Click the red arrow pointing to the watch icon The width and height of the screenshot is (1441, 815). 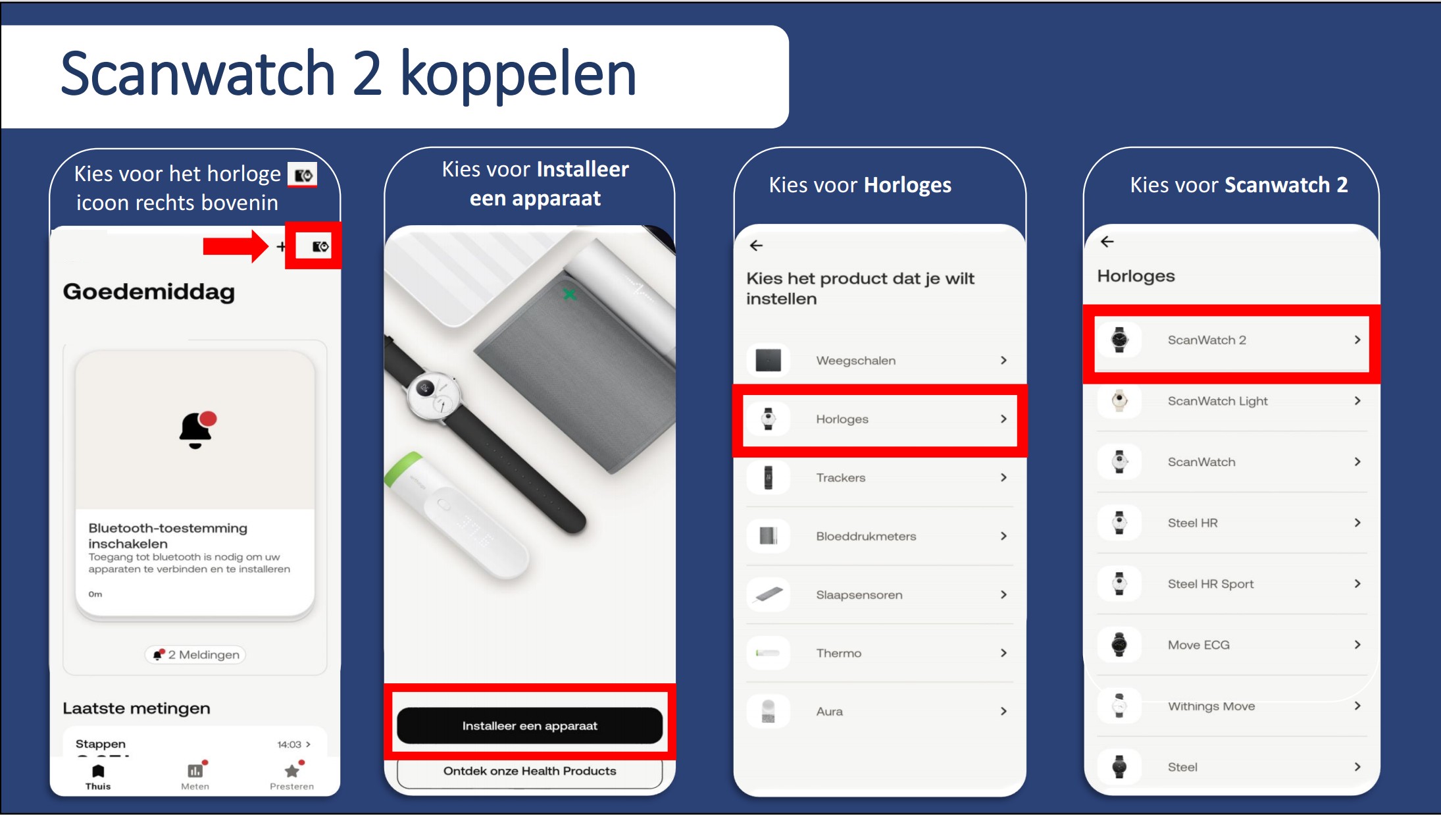click(236, 247)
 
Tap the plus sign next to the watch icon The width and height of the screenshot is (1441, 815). click(281, 247)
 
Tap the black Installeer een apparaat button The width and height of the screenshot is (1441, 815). click(530, 725)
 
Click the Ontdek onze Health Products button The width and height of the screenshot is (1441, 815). click(530, 772)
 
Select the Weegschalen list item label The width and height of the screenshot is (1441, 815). click(856, 361)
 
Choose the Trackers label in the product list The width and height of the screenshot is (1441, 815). click(841, 478)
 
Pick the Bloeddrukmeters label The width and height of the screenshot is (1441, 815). click(866, 537)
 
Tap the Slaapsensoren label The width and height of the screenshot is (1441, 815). click(859, 595)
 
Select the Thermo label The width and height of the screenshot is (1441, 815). click(839, 653)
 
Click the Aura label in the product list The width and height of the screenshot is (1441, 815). click(830, 712)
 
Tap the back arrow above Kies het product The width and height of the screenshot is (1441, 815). click(756, 246)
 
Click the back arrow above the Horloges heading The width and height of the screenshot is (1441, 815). click(1107, 242)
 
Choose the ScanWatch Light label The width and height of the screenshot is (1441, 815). click(1218, 401)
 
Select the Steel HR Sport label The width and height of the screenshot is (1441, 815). click(1211, 584)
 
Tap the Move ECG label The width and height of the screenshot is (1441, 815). click(1199, 645)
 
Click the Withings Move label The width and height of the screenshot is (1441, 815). click(1211, 706)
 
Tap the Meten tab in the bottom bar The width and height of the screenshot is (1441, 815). click(195, 776)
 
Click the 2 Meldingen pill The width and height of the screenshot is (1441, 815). click(195, 655)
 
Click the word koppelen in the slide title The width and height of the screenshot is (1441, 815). click(518, 74)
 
